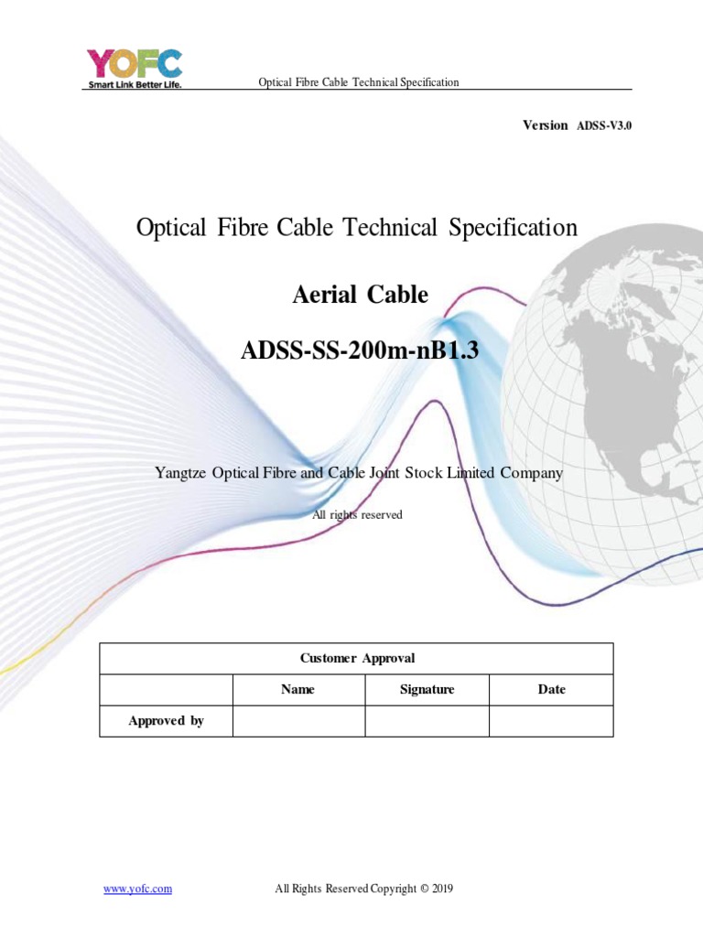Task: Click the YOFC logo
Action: point(134,63)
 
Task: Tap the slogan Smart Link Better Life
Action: point(134,85)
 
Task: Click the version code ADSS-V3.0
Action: point(604,125)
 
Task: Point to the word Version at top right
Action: point(545,125)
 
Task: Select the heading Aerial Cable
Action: point(360,295)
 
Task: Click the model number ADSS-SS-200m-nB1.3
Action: point(360,350)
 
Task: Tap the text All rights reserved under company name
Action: point(357,514)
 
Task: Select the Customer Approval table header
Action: point(357,658)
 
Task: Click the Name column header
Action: point(297,689)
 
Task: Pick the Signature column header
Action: point(427,689)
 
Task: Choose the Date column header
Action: point(551,689)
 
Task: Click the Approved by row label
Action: point(166,721)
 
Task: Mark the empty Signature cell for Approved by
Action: point(427,721)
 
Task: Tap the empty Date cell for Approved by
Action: point(551,721)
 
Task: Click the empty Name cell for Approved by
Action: point(298,721)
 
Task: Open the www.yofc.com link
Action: point(137,889)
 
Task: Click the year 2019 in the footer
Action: point(444,889)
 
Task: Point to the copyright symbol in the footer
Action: point(424,889)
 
